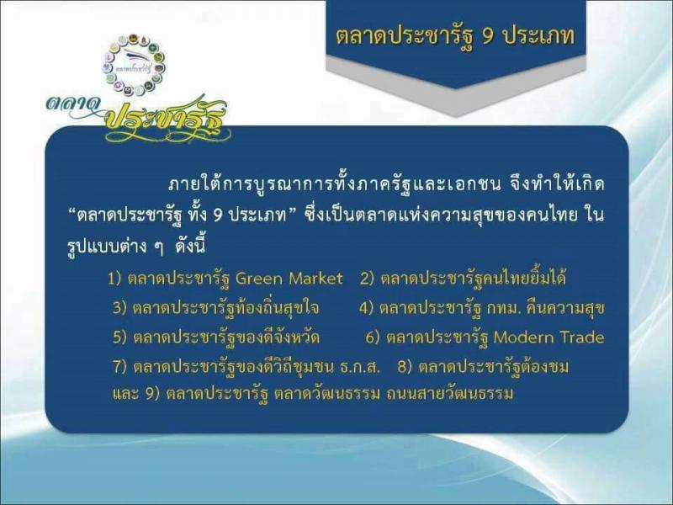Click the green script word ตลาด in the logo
point(73,105)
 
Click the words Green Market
point(289,279)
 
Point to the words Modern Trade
point(549,338)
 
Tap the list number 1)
point(114,279)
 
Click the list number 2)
point(368,279)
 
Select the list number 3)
point(119,308)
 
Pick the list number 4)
point(367,308)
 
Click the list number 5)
point(120,338)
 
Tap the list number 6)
point(373,338)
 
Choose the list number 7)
point(120,367)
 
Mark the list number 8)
point(405,367)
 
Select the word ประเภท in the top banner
point(538,36)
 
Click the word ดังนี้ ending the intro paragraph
point(191,246)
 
